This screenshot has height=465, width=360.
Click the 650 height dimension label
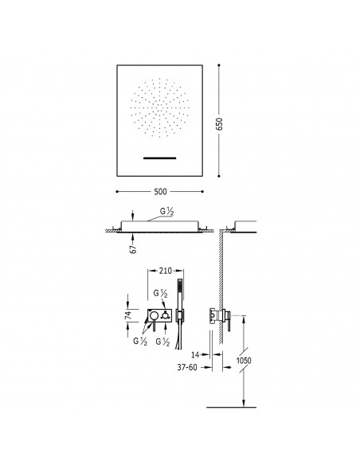coord(219,124)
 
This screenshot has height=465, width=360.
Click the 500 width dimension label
coord(160,192)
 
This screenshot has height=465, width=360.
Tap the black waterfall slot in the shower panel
coord(160,158)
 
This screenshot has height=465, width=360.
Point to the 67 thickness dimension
coord(134,249)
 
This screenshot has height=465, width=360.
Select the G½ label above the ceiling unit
coord(166,211)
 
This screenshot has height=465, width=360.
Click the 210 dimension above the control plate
coord(166,271)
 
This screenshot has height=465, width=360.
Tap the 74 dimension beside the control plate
coord(128,315)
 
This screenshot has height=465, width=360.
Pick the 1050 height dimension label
coord(244,361)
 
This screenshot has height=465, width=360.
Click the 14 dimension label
coord(195,354)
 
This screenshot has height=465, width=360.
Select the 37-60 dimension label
coord(187,367)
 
